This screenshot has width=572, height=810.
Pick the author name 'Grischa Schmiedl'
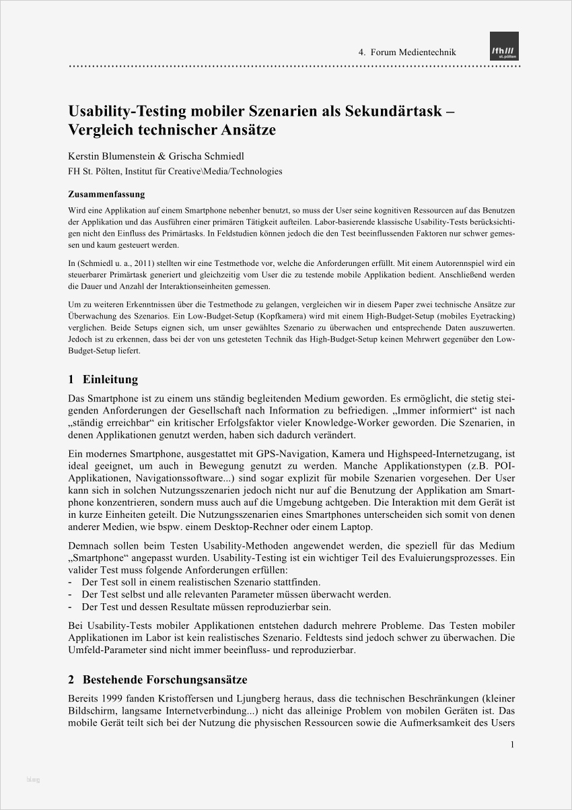[210, 156]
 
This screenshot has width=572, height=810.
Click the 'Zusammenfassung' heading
[106, 195]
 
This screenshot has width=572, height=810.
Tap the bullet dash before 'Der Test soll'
[71, 582]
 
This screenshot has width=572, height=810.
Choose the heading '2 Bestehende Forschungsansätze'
[158, 679]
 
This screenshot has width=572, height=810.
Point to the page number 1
[512, 745]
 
